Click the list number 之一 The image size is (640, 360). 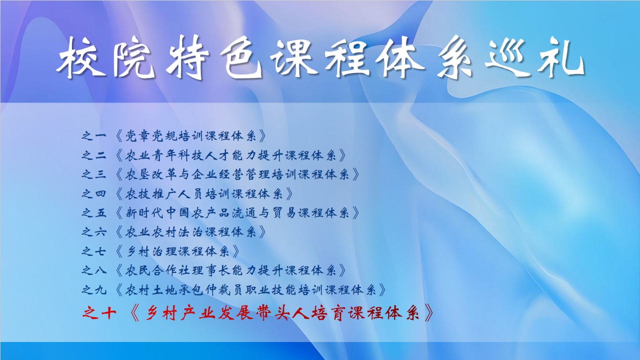(x=94, y=135)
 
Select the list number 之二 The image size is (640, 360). (x=94, y=155)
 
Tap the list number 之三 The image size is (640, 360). (x=94, y=174)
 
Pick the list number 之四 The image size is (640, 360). (x=94, y=194)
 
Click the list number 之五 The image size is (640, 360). (x=94, y=212)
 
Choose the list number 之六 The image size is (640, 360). (x=94, y=232)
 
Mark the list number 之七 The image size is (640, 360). (x=94, y=251)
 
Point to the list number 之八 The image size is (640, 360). (x=94, y=270)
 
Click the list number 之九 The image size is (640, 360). (x=94, y=290)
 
